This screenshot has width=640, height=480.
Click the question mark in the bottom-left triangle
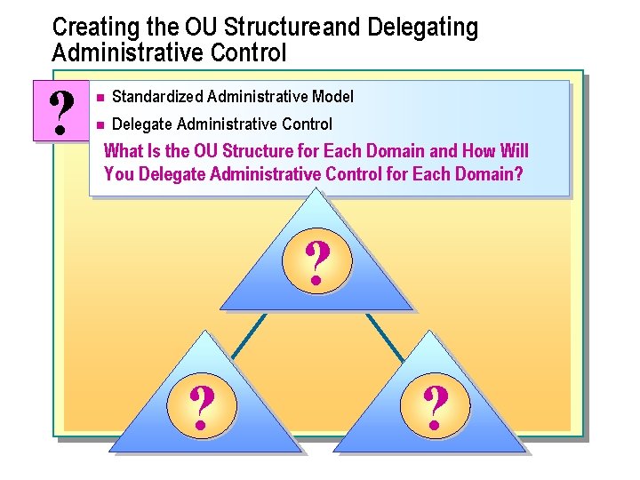point(204,409)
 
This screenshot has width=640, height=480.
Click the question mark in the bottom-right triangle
point(436,408)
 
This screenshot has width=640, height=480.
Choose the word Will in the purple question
point(514,150)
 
